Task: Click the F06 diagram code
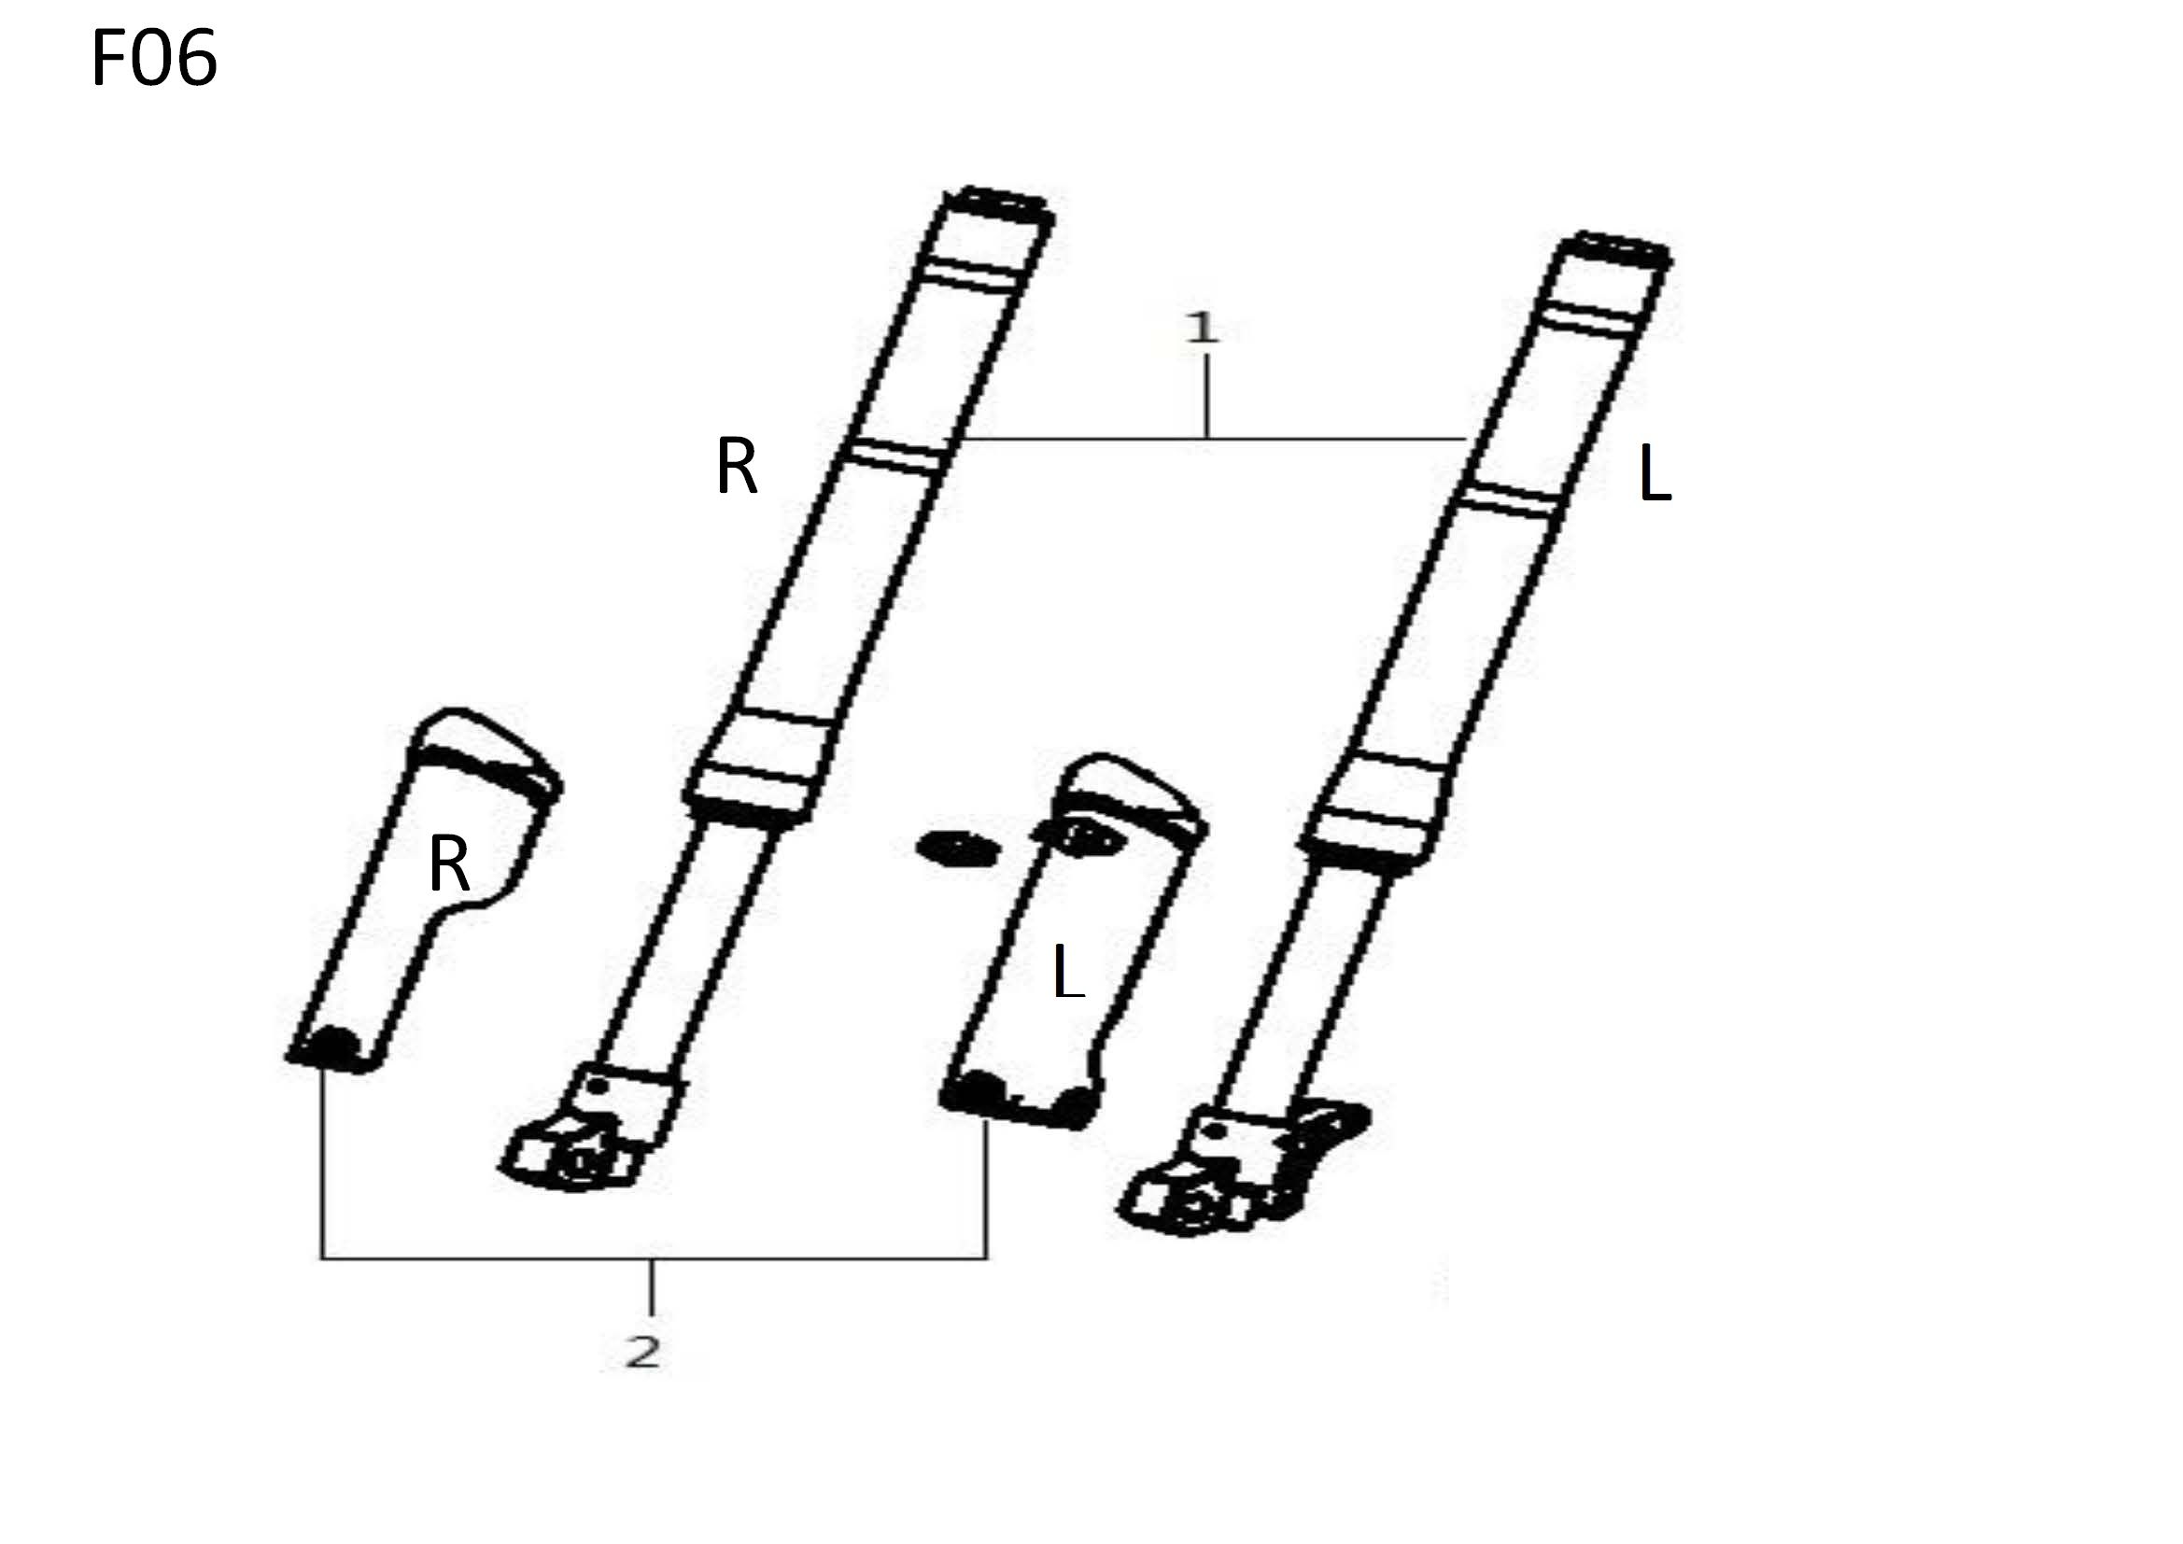154,58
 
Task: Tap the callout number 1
1203,328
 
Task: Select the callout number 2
643,1352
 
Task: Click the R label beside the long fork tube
736,466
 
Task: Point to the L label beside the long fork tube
1655,474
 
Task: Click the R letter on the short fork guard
449,863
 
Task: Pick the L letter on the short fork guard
1069,971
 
